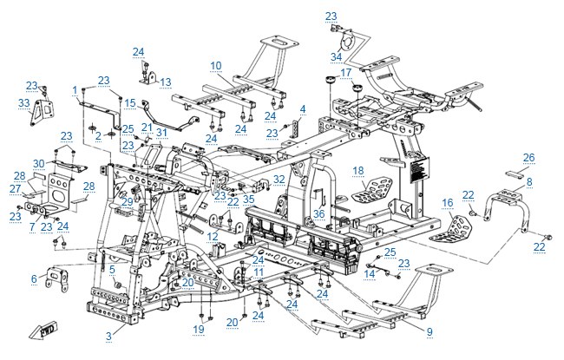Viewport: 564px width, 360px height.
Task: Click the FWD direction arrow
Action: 43,331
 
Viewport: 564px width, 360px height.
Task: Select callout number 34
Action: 336,57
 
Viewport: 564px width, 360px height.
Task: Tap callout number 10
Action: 216,66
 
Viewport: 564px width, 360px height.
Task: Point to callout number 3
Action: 108,336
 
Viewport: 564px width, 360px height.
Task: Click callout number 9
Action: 430,331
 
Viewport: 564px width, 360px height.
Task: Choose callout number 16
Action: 447,203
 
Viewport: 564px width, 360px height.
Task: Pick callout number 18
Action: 358,171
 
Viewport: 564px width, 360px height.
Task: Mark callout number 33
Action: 23,103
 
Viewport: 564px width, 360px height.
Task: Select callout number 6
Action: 34,278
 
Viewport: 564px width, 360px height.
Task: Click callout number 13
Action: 166,82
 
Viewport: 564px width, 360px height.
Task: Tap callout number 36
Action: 318,214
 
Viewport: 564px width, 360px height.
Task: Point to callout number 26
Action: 528,158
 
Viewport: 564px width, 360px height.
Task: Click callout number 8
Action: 529,181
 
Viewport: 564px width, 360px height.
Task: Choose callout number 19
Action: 199,329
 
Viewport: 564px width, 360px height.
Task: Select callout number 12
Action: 213,236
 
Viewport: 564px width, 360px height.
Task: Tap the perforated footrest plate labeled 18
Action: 372,189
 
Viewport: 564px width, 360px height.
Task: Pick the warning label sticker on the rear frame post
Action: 419,169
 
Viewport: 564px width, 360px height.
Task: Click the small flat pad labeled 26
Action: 515,174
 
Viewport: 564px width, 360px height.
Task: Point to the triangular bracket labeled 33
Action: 40,112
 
